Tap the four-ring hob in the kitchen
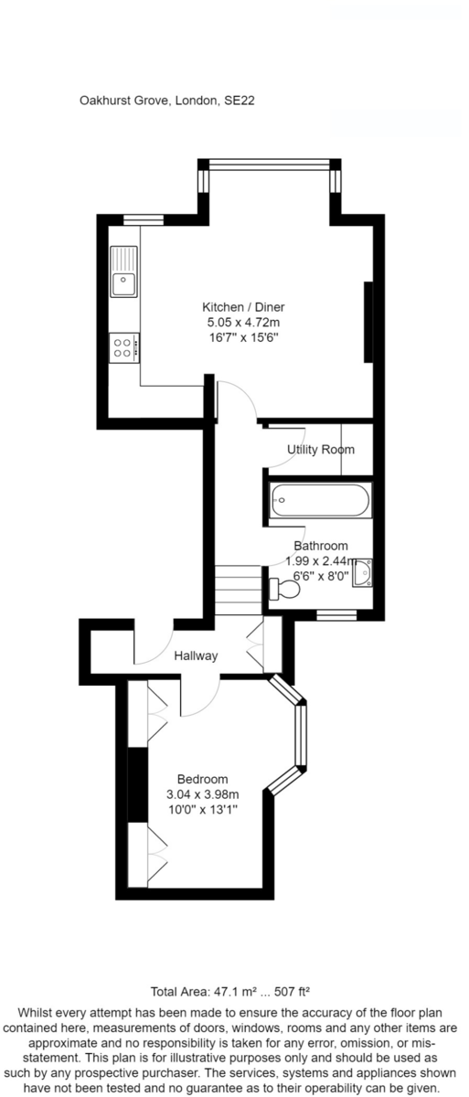click(x=123, y=347)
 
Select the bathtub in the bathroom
click(x=320, y=500)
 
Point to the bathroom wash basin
click(x=362, y=572)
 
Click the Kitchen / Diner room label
click(x=243, y=307)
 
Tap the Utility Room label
click(x=321, y=449)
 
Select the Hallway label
click(x=196, y=655)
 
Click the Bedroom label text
click(x=203, y=779)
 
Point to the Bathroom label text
click(x=321, y=546)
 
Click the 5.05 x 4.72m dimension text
click(x=243, y=322)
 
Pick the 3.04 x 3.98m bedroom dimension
click(x=203, y=793)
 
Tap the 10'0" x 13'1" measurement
click(x=203, y=809)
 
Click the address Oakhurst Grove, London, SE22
click(x=167, y=101)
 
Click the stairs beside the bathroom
click(x=239, y=591)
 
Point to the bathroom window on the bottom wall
click(x=336, y=614)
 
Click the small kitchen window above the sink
click(x=143, y=220)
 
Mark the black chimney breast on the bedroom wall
click(x=137, y=784)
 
